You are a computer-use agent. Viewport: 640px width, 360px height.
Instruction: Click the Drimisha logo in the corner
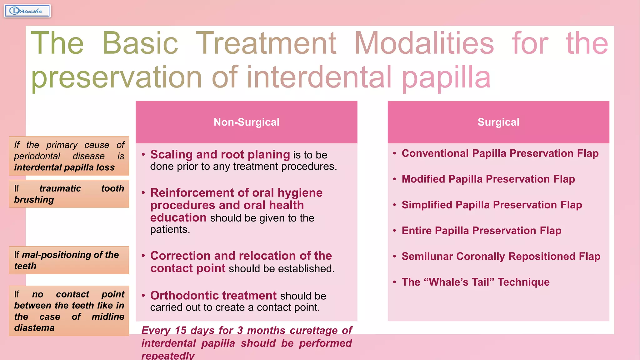(x=27, y=11)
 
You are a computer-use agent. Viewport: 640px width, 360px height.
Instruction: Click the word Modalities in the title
(x=424, y=43)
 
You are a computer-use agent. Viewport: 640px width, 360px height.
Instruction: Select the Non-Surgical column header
(x=246, y=122)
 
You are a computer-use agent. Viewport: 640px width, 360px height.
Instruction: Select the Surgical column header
(x=498, y=122)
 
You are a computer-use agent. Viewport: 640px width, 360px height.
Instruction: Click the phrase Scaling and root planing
(x=220, y=155)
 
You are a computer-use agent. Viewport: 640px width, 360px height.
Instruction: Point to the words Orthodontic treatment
(x=213, y=296)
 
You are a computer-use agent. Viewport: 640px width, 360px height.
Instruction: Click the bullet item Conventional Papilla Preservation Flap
(x=500, y=153)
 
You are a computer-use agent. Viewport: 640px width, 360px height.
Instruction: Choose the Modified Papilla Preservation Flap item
(x=488, y=179)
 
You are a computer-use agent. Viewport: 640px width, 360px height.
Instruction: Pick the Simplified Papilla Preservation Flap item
(x=492, y=205)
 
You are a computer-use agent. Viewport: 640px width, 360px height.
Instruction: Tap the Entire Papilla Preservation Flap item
(x=481, y=231)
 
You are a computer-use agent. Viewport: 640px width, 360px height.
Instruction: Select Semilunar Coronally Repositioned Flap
(x=501, y=257)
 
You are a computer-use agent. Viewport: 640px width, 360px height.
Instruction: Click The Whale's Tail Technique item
(x=475, y=282)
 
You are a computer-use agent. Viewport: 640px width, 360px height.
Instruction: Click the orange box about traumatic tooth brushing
(x=69, y=194)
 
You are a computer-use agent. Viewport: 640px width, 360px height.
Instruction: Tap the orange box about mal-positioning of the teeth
(x=69, y=260)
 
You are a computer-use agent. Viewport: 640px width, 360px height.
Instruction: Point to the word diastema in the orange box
(x=34, y=328)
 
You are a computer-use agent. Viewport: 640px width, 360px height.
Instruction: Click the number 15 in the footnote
(x=180, y=331)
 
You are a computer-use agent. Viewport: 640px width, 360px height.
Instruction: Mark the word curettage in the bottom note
(x=313, y=331)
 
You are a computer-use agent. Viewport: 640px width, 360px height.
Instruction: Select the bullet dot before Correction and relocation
(x=143, y=256)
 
